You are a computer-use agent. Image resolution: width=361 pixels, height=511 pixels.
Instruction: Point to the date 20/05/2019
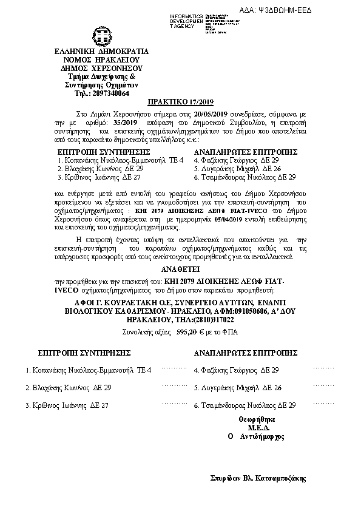click(211, 113)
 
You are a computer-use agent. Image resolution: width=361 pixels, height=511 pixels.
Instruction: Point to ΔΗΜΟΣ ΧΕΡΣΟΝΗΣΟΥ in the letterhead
click(97, 69)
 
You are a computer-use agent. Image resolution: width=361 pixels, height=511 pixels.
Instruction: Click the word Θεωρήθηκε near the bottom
click(257, 419)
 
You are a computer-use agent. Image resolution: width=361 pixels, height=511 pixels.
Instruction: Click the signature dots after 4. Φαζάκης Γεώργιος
click(323, 368)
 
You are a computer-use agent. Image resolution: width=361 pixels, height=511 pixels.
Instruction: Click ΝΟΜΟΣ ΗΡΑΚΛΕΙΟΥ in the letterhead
click(97, 60)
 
